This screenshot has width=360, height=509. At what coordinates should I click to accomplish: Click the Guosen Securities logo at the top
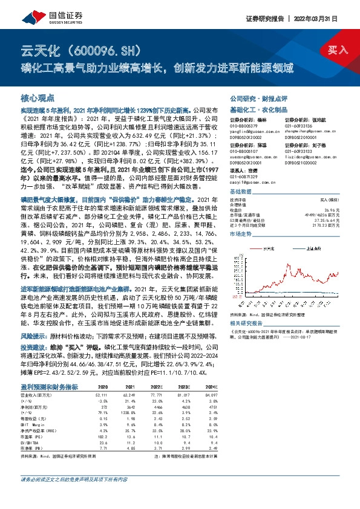(38, 14)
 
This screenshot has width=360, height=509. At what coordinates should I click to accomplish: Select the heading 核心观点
(38, 97)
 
